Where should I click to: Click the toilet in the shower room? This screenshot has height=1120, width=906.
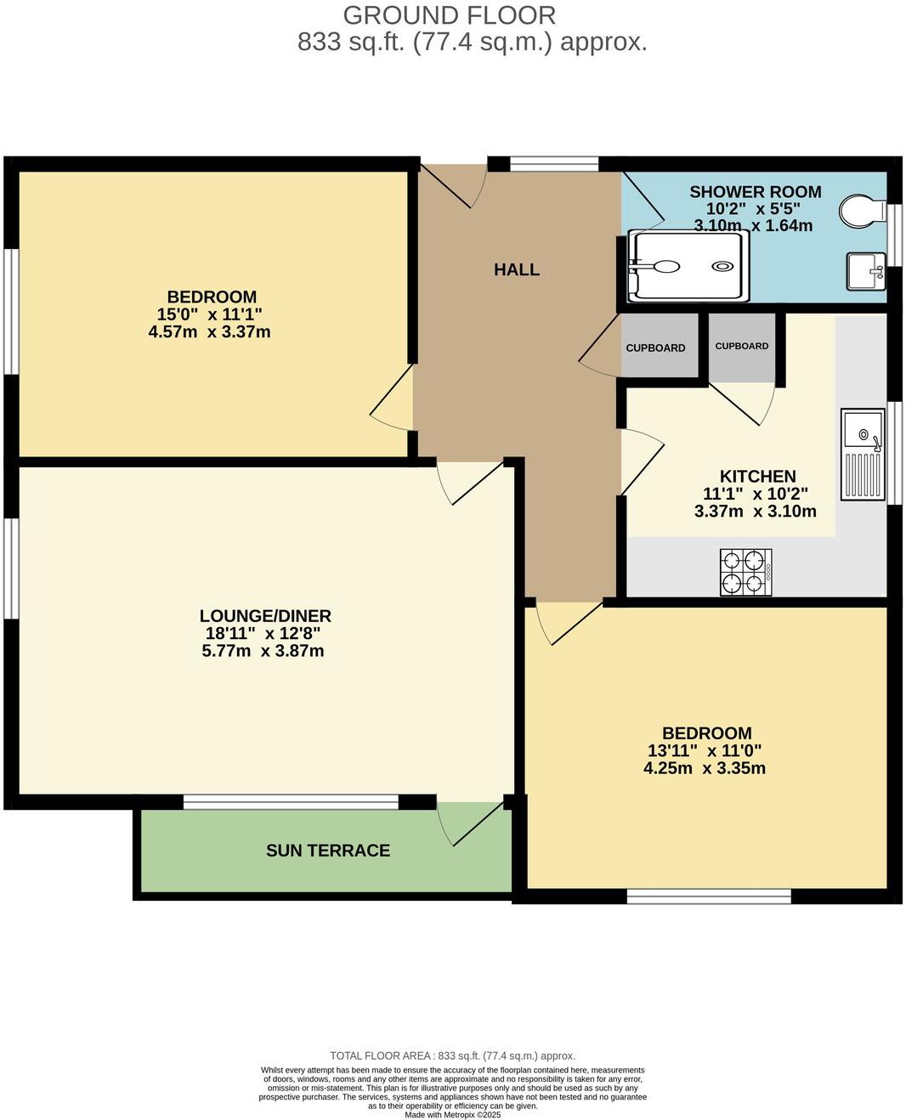point(860,209)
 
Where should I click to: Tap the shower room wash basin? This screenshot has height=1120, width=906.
point(864,272)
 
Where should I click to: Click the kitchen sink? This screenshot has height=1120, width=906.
point(863,455)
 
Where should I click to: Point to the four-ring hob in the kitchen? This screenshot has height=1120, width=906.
point(745,572)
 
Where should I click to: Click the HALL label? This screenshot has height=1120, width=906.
point(517,270)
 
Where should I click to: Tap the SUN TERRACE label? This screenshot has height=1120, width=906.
point(328,851)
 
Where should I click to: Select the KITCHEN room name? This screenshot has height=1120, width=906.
point(757,477)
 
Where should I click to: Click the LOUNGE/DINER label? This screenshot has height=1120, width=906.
point(265,616)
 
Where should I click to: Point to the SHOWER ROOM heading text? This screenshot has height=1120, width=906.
point(755,192)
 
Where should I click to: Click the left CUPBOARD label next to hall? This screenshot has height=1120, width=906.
point(655,348)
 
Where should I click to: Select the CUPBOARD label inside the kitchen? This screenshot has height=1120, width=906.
point(741,346)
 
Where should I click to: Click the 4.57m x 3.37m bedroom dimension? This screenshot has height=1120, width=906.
point(209,332)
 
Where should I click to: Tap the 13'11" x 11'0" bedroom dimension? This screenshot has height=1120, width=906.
point(704,751)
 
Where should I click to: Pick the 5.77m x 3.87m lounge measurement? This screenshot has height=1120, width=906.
point(263,652)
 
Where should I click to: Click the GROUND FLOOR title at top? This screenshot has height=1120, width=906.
point(450,15)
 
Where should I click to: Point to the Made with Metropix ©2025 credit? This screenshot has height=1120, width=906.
point(452,1115)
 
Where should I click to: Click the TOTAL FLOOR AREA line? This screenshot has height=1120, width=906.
point(452,1056)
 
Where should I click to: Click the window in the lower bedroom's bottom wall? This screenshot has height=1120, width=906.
point(709,895)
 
